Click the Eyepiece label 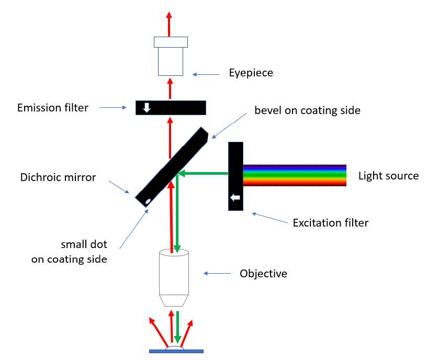pyautogui.click(x=251, y=73)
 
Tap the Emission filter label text pyautogui.click(x=53, y=108)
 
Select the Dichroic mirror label pyautogui.click(x=58, y=177)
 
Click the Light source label pyautogui.click(x=388, y=175)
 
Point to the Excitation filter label pyautogui.click(x=330, y=223)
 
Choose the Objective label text pyautogui.click(x=263, y=273)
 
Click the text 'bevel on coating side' pyautogui.click(x=307, y=110)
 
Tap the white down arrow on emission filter pyautogui.click(x=147, y=107)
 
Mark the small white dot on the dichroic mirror pyautogui.click(x=149, y=201)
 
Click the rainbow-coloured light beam pyautogui.click(x=295, y=175)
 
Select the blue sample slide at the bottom pyautogui.click(x=176, y=351)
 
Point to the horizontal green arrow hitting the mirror pyautogui.click(x=204, y=173)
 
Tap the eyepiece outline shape pyautogui.click(x=171, y=57)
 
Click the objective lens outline pyautogui.click(x=174, y=277)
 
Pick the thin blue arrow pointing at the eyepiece pyautogui.click(x=206, y=74)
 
